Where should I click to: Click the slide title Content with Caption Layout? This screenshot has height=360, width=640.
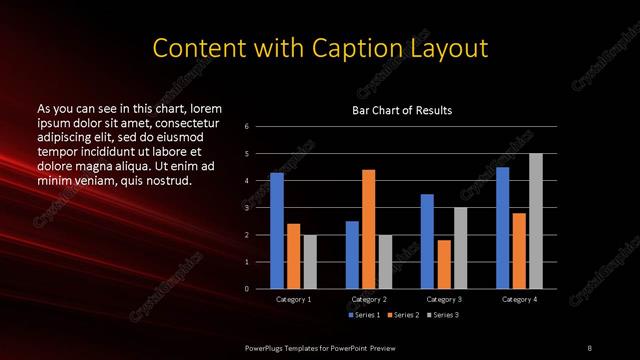pos(319,47)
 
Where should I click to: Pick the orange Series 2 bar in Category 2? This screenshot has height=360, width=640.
pos(369,229)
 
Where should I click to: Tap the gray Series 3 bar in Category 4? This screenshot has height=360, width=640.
pos(536,221)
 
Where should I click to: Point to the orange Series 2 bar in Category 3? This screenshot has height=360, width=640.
pos(444,264)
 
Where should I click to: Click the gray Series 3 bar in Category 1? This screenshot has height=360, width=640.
pos(310,261)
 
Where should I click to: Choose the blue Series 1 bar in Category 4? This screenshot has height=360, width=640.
pos(502,227)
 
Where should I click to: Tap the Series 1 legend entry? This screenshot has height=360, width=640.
pos(365,315)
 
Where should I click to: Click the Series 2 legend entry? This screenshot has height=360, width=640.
pos(403,315)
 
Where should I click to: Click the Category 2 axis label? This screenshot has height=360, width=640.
pos(369,299)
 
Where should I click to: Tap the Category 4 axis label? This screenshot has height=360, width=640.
pos(519,299)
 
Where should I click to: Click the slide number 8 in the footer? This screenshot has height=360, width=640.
pos(590,347)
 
